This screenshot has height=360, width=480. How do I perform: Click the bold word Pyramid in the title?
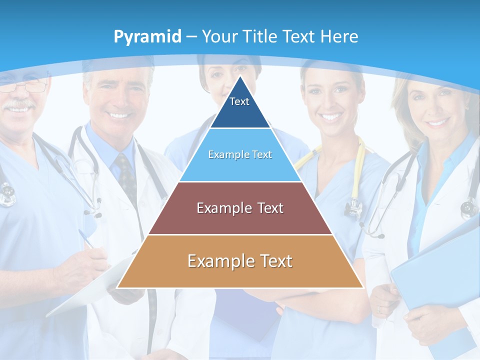click(x=147, y=37)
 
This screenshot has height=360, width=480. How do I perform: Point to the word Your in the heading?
click(x=220, y=36)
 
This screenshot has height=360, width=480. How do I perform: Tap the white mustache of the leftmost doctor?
click(x=20, y=105)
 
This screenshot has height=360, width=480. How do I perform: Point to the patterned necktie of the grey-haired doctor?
click(x=125, y=175)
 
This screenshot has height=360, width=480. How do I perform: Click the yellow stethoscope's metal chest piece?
click(x=354, y=207)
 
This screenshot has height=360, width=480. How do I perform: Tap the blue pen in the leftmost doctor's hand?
click(x=86, y=238)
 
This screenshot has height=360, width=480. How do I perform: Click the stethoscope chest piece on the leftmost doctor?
click(x=7, y=195)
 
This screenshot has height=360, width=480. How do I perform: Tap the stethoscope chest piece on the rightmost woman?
click(x=469, y=207)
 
